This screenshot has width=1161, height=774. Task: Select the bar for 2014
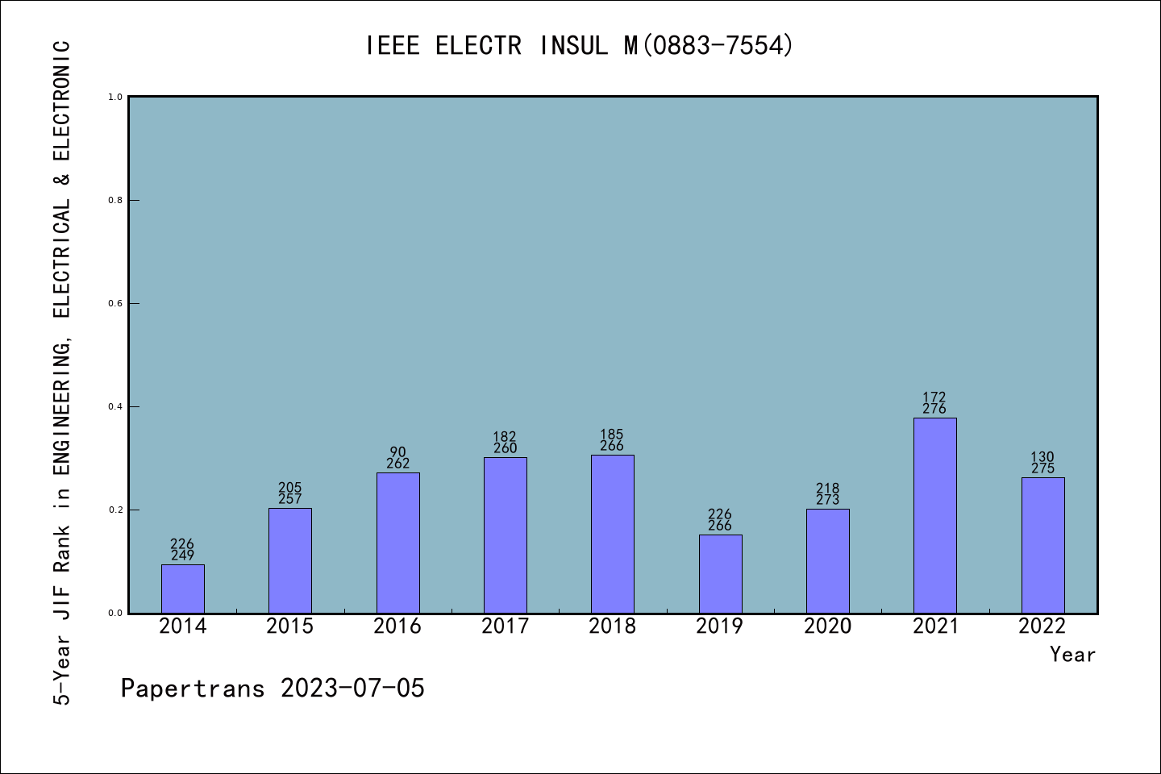click(183, 589)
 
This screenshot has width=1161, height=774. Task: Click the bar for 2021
click(935, 515)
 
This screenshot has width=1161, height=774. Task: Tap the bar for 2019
click(720, 573)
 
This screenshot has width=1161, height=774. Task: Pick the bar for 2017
click(506, 535)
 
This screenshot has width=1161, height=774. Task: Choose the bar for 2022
click(1042, 545)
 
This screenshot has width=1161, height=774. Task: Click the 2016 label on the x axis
click(397, 626)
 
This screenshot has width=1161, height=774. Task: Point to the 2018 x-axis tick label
click(613, 626)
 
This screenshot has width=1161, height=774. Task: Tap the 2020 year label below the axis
click(827, 626)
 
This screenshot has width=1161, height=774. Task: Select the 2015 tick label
click(290, 626)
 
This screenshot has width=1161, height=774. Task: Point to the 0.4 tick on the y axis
click(115, 407)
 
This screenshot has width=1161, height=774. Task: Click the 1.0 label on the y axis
click(115, 98)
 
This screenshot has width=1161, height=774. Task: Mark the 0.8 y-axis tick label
click(115, 201)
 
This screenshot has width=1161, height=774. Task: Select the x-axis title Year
click(1072, 655)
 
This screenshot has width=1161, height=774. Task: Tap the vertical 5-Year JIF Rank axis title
click(62, 371)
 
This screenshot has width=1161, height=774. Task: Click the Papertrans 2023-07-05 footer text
click(273, 689)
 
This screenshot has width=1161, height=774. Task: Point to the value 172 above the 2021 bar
click(934, 397)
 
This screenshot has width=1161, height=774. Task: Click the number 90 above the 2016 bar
click(397, 452)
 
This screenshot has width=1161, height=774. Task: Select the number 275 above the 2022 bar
click(1042, 468)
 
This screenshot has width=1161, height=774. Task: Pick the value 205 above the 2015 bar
click(290, 488)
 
